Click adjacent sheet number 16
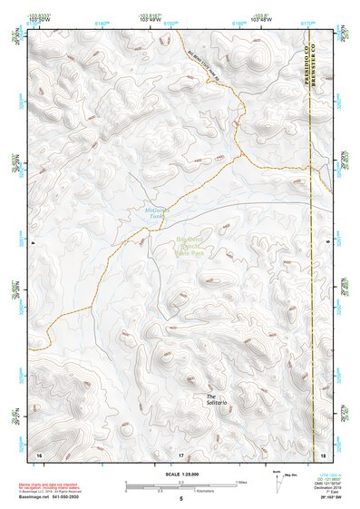39,453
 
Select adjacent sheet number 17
180,453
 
